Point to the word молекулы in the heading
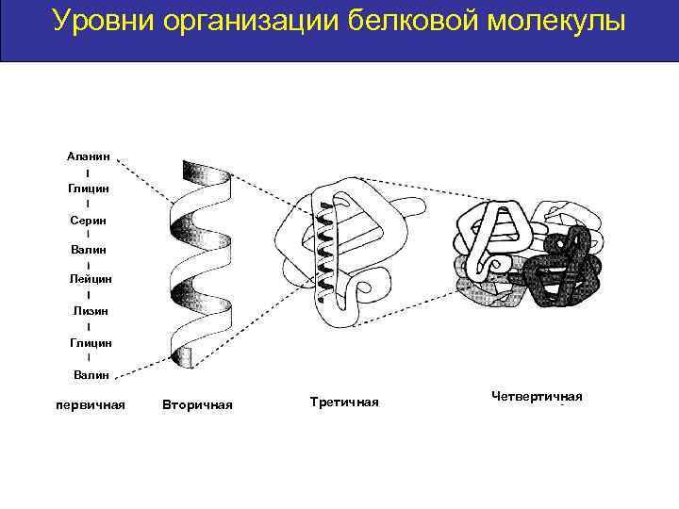557,21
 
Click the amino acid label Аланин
89,156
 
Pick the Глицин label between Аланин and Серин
89,188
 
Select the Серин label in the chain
88,219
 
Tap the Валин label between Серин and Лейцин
89,250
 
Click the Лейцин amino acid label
91,279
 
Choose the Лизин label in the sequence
90,310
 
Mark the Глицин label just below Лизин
91,342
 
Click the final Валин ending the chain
91,374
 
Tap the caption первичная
91,405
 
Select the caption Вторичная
197,405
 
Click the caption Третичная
343,402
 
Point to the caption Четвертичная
537,396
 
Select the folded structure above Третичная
344,250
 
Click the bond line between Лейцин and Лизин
89,295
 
